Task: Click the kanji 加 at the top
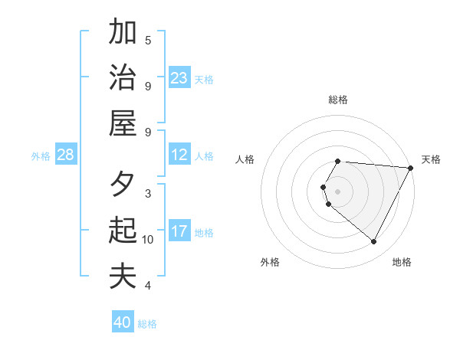tap(123, 32)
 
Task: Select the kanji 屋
tap(123, 122)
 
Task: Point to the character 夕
tap(123, 185)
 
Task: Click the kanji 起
tap(123, 230)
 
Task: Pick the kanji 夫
tap(123, 276)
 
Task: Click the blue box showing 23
tap(179, 78)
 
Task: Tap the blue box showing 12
tap(179, 155)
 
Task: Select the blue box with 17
tap(179, 231)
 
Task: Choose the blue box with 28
tap(66, 155)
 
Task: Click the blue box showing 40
tap(123, 322)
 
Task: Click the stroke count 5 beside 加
tap(148, 40)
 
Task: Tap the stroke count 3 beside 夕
tap(148, 193)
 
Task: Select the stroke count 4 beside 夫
tap(148, 286)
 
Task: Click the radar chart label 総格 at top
tap(338, 100)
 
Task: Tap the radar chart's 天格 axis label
tap(431, 159)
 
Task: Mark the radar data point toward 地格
tap(374, 242)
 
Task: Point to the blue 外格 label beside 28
tap(41, 155)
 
